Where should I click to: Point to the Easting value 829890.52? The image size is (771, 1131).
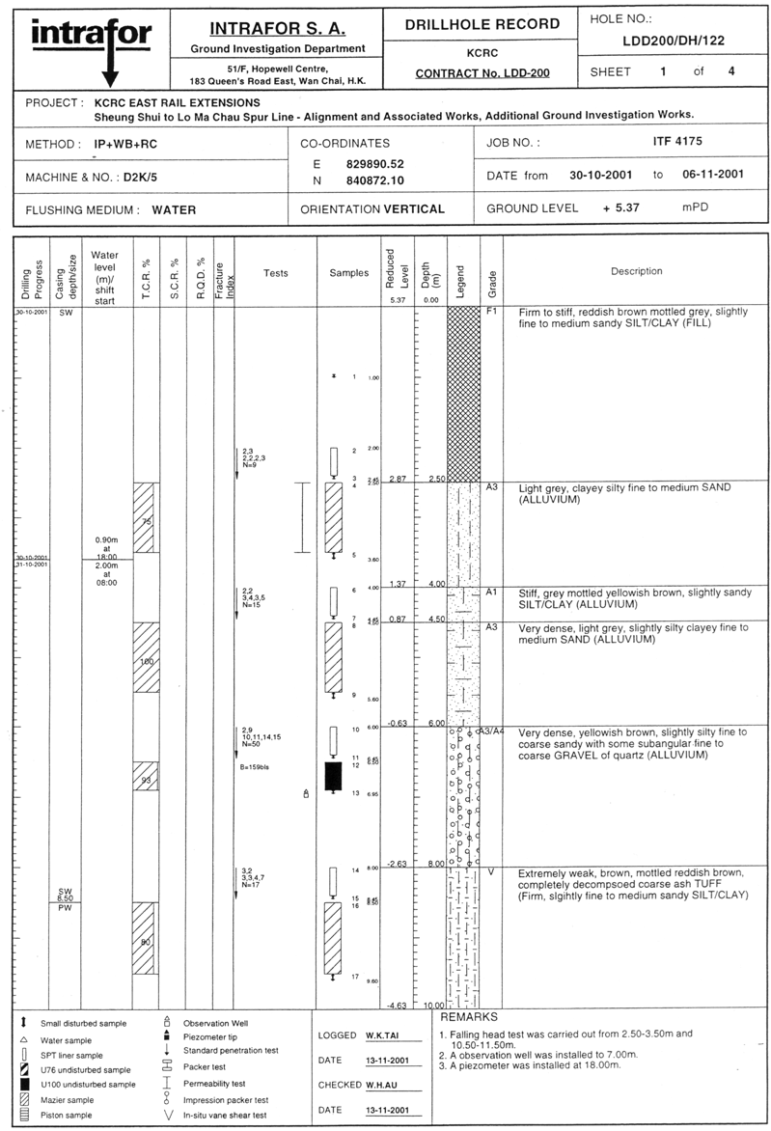(374, 164)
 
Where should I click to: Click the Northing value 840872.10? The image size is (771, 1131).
(374, 180)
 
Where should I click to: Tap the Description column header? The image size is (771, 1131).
(636, 271)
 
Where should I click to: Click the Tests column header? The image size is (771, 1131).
(276, 273)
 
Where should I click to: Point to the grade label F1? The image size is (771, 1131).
(490, 313)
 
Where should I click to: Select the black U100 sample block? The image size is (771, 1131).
(333, 776)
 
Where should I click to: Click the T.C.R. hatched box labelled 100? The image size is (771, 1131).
(147, 662)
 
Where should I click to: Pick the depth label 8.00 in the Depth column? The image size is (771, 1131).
(434, 864)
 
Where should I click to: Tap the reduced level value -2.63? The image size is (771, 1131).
(396, 864)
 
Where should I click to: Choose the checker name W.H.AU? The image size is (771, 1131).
(384, 1085)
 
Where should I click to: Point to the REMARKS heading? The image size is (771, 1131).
(469, 1017)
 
